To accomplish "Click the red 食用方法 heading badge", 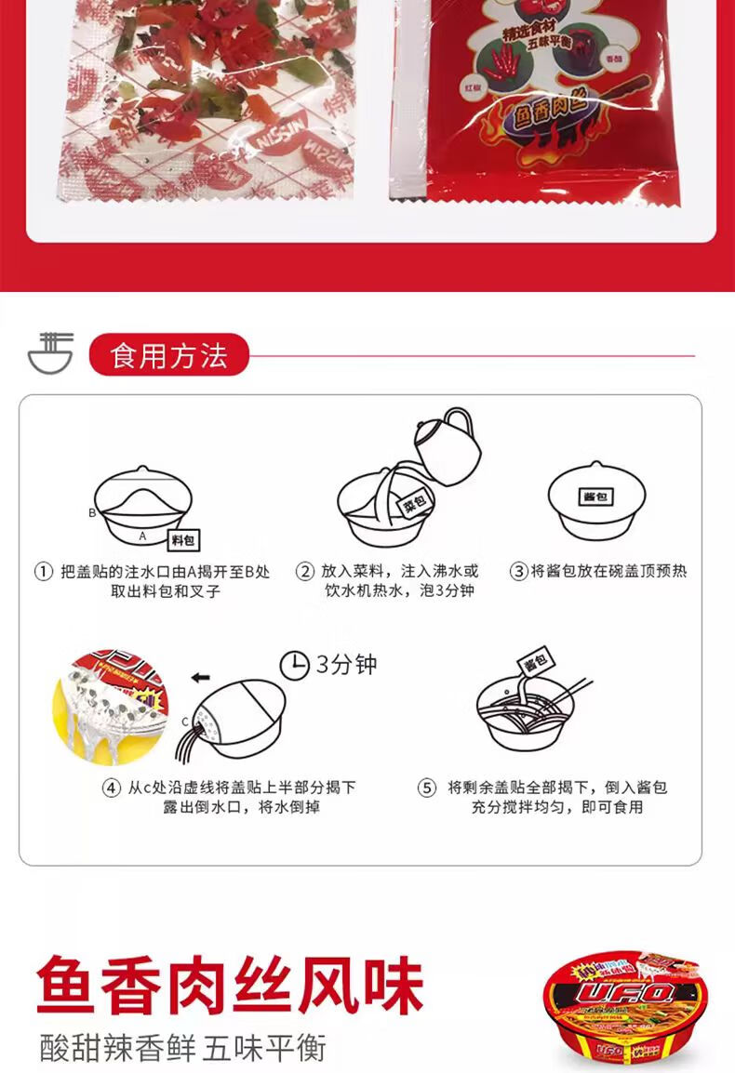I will coord(168,355).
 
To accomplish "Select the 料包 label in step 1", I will coord(183,540).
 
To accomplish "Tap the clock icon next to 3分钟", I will coord(294,664).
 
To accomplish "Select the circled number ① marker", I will coord(42,572).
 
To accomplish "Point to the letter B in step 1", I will coord(92,512).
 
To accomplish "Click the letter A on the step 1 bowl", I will coord(142,536).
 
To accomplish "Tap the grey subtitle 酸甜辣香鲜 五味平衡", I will coord(183,1048).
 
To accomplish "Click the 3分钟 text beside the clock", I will coord(346,664).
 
